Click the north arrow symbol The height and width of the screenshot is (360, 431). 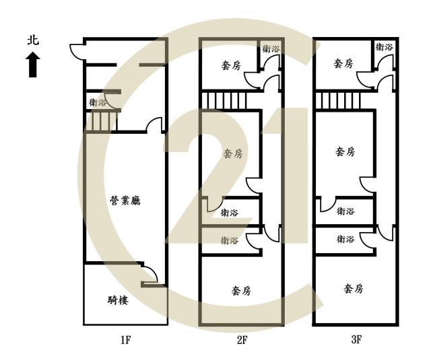[33, 65]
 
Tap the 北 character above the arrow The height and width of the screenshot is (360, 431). [33, 40]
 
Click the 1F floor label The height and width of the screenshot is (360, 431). [125, 340]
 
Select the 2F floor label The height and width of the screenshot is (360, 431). [242, 340]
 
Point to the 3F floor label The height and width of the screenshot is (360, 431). [356, 340]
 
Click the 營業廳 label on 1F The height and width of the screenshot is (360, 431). [125, 201]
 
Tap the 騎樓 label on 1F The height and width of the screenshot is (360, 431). [118, 300]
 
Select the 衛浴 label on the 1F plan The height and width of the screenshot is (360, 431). [97, 102]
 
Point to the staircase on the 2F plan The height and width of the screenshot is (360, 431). [224, 101]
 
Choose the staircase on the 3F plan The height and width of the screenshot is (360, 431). [338, 101]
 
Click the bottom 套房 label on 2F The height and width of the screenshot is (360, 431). [241, 291]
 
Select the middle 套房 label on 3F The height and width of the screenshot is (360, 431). [345, 151]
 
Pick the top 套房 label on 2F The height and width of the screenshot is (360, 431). [231, 65]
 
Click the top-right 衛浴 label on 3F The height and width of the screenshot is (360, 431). [385, 47]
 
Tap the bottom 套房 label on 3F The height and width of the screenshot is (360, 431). [354, 289]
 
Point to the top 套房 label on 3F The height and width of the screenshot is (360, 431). [343, 64]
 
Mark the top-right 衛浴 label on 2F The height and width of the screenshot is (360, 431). [271, 49]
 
